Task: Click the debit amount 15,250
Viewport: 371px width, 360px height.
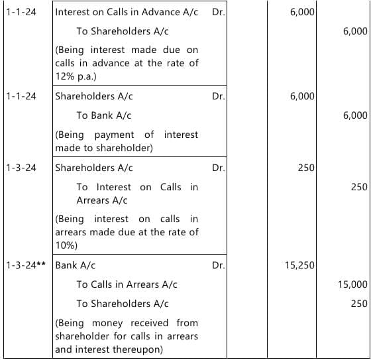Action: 299,265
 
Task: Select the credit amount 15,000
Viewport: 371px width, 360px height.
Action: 352,284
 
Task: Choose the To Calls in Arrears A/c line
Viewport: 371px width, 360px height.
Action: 127,284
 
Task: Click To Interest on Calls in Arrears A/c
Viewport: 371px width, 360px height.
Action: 136,194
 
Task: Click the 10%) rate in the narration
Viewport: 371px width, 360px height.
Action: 66,245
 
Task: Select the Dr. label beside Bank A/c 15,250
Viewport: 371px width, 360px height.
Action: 219,265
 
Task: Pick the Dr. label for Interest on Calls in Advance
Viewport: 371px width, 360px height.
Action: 219,13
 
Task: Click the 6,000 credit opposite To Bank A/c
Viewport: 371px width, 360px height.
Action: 355,115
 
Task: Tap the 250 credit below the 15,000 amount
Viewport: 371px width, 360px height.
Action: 358,304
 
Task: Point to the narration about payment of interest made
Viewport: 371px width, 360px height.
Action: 127,141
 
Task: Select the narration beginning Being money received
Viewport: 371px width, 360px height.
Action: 127,335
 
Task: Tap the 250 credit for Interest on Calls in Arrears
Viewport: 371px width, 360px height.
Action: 358,187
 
